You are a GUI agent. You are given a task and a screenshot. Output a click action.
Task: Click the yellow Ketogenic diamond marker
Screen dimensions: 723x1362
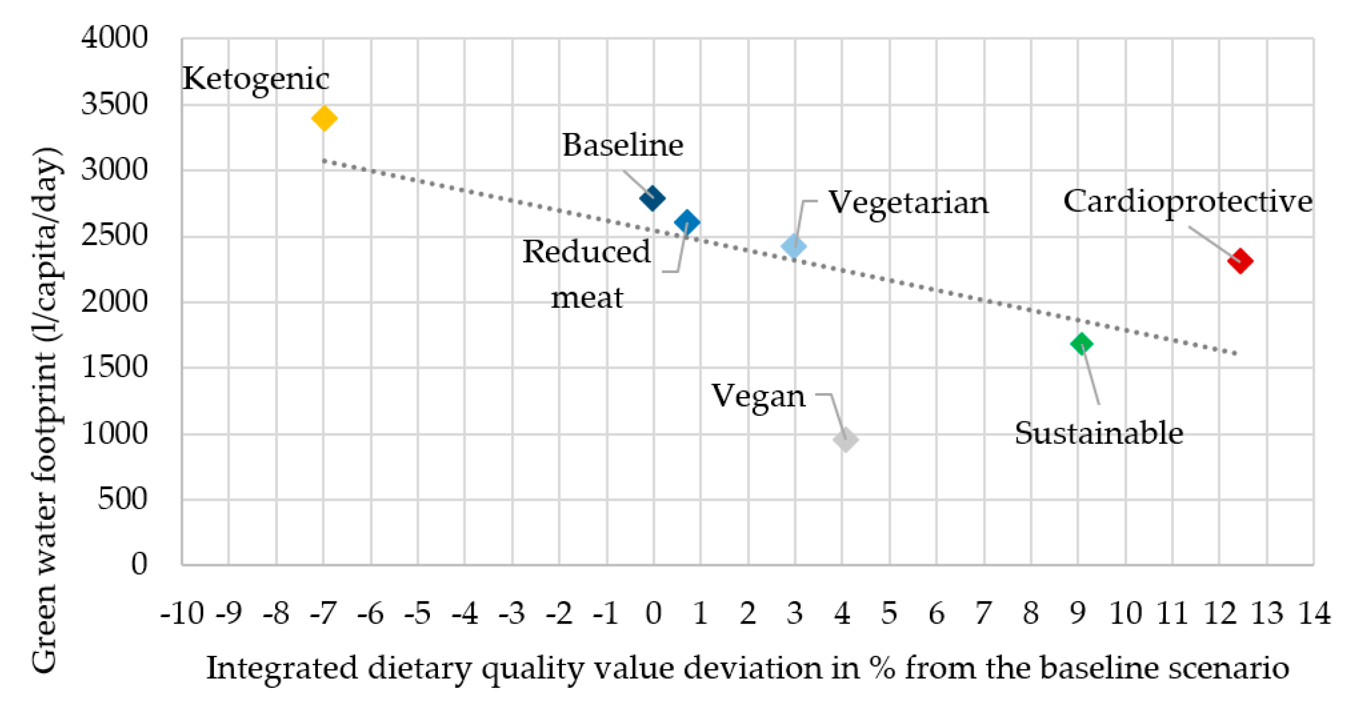[324, 118]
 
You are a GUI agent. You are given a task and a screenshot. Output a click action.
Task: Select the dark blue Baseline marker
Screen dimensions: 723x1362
[652, 199]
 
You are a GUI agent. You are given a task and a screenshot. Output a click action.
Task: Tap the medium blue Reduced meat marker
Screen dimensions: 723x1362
[687, 222]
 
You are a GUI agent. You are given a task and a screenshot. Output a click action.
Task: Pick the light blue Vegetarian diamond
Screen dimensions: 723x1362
[794, 246]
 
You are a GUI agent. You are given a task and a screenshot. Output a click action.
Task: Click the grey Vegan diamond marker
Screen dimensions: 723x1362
[846, 440]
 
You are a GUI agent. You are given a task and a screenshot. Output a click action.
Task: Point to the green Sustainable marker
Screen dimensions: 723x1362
[1082, 344]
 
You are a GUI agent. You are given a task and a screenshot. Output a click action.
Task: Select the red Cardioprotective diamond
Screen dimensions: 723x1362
[1240, 261]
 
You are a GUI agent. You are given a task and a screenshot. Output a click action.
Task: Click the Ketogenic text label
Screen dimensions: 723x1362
[255, 80]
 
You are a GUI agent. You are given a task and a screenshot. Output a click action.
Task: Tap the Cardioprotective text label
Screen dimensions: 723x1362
[1188, 202]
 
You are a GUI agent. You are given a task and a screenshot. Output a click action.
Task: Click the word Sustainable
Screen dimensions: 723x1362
[1099, 433]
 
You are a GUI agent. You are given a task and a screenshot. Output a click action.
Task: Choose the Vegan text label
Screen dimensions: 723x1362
[758, 396]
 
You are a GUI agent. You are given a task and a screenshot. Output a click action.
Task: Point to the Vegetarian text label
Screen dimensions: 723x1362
[908, 203]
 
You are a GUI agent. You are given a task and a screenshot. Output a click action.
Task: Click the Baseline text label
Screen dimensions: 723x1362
[623, 145]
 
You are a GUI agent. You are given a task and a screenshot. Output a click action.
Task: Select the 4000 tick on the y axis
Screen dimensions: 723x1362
[114, 38]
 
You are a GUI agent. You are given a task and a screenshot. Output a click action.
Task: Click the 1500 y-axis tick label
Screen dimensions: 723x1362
[114, 367]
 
